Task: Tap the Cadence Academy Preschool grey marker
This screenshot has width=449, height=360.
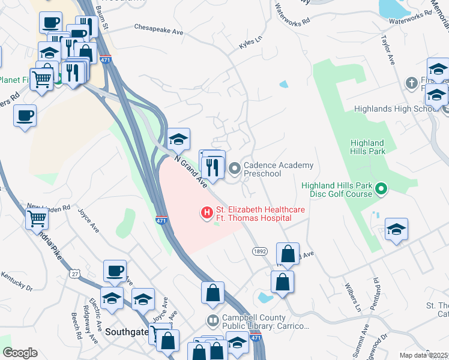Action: point(235,169)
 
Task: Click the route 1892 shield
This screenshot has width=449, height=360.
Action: point(259,251)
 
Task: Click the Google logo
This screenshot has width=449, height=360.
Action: point(20,353)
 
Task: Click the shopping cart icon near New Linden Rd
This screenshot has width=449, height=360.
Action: point(37,219)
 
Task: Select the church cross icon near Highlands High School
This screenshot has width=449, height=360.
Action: point(411,82)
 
